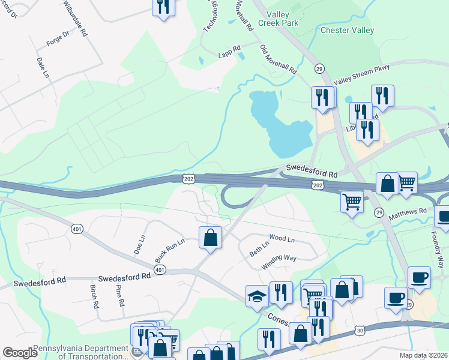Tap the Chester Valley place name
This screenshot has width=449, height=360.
tap(348, 30)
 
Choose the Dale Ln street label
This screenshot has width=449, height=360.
tap(42, 68)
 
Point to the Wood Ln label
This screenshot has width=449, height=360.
tap(282, 239)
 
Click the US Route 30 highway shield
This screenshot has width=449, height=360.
tap(360, 330)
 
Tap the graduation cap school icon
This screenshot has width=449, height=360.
tap(257, 296)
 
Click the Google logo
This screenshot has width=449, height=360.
tap(20, 353)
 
